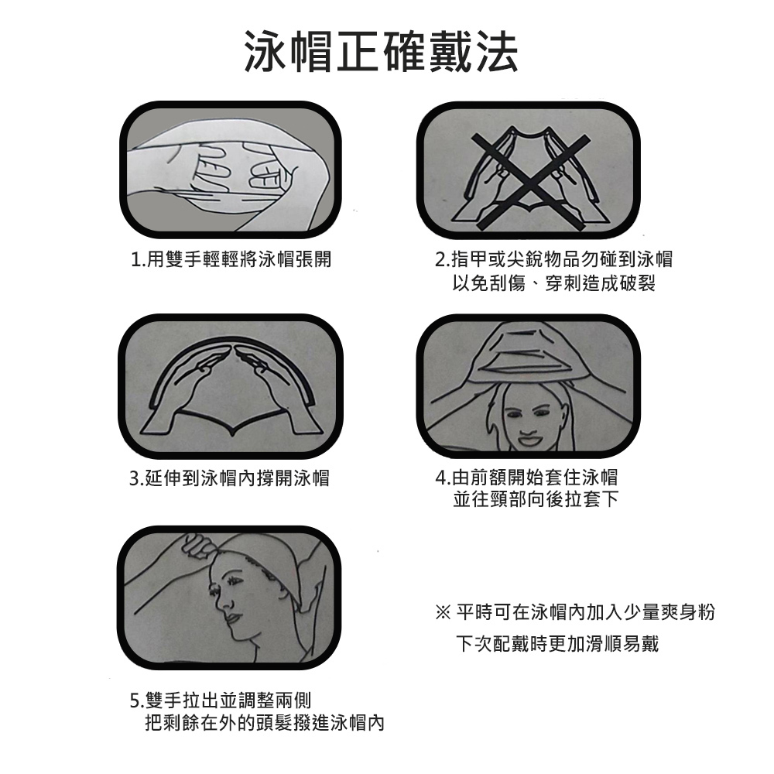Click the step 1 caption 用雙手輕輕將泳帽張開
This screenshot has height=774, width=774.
pyautogui.click(x=239, y=259)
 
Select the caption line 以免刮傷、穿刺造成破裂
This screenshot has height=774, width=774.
pyautogui.click(x=554, y=283)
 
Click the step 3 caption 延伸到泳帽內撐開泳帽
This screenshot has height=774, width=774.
pyautogui.click(x=237, y=478)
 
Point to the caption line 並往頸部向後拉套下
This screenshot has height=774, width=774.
pyautogui.click(x=536, y=499)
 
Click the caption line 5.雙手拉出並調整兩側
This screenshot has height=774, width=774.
pyautogui.click(x=220, y=700)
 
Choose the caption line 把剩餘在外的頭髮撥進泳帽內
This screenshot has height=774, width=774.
pyautogui.click(x=265, y=723)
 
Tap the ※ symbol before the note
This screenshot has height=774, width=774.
pyautogui.click(x=443, y=613)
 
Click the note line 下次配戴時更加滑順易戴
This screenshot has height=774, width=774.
pyautogui.click(x=557, y=644)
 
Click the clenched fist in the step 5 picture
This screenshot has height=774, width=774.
pyautogui.click(x=200, y=547)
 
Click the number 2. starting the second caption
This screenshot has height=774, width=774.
pyautogui.click(x=442, y=259)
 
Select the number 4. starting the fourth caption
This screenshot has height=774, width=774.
pyautogui.click(x=442, y=478)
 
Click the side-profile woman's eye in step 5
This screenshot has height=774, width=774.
pyautogui.click(x=216, y=590)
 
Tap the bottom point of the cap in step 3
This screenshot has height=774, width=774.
pyautogui.click(x=232, y=434)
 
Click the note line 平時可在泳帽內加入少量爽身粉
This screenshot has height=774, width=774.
pyautogui.click(x=585, y=612)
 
